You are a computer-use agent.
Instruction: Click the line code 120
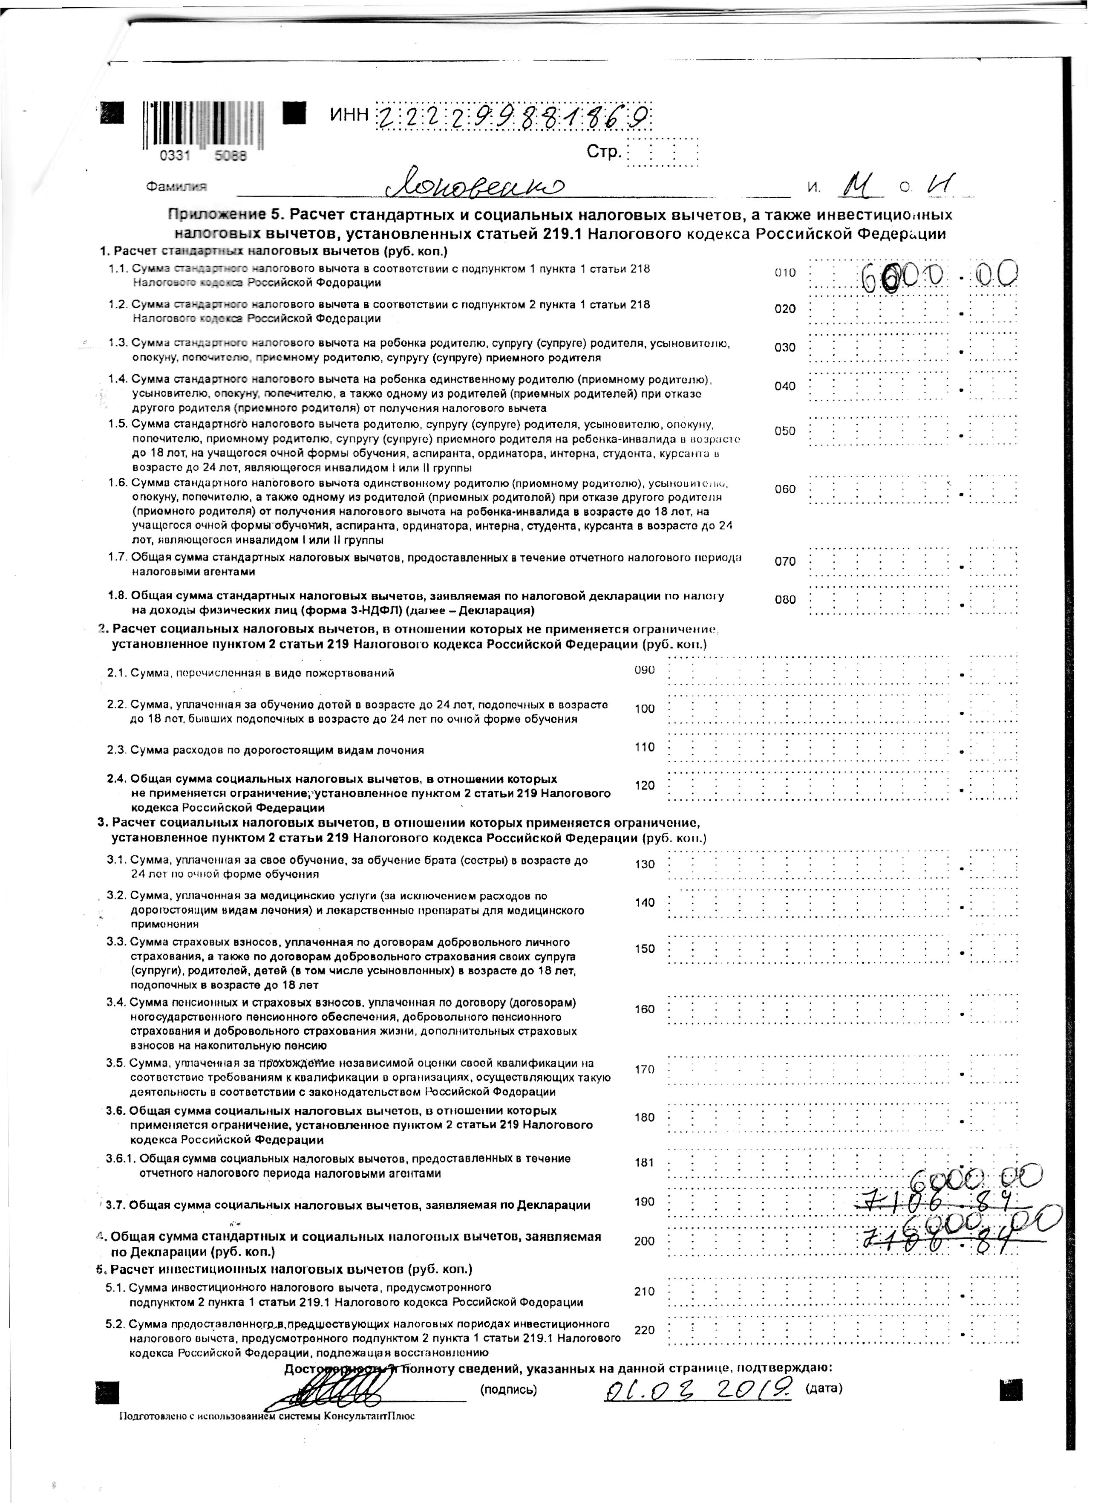(644, 785)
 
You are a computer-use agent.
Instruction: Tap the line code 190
(644, 1201)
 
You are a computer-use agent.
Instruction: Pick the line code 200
(644, 1241)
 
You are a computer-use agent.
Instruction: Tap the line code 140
(644, 902)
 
